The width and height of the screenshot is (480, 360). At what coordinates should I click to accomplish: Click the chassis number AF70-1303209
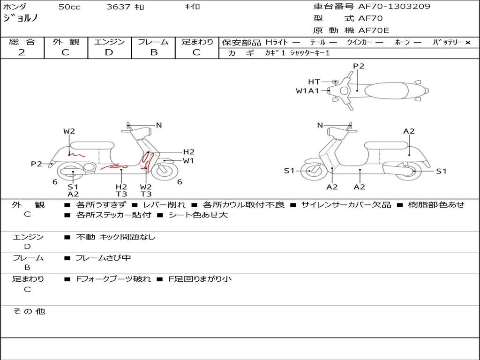point(394,7)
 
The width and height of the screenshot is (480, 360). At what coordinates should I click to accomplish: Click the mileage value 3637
point(119,7)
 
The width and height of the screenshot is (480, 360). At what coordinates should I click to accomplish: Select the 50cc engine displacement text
point(69,7)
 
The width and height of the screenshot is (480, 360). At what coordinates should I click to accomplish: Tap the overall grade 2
point(22,52)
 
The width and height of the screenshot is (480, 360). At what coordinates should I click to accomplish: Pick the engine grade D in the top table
point(109,52)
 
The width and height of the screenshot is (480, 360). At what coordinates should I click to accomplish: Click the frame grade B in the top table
point(154,52)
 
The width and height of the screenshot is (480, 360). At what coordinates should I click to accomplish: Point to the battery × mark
point(468,43)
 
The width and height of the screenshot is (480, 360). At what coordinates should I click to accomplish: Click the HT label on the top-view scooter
point(314,82)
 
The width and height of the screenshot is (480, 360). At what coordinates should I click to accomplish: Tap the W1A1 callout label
point(307,91)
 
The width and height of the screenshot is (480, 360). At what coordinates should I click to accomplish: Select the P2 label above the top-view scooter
point(359,66)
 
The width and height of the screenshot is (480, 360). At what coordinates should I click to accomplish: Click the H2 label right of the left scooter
point(189,152)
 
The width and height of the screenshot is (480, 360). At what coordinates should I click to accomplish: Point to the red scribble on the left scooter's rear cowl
point(76,155)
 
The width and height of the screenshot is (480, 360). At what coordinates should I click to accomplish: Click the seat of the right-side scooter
point(386,145)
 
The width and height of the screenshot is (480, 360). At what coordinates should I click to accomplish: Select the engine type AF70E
point(374,30)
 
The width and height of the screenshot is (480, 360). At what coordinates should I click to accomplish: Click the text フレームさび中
point(103,258)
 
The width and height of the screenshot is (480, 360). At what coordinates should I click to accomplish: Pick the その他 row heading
point(29,311)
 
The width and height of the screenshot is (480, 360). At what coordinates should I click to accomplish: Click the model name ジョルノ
point(20,18)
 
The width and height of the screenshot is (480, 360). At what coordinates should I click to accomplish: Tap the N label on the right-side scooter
point(320,125)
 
